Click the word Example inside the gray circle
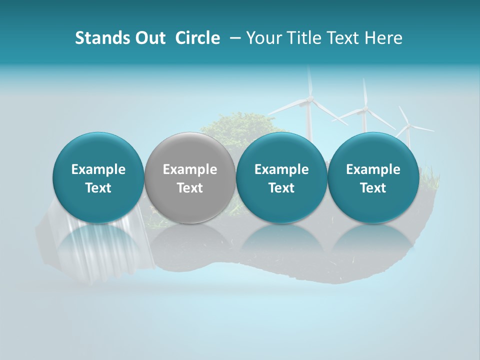click(x=190, y=169)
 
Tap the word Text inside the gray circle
click(x=190, y=188)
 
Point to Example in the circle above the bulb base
click(x=98, y=169)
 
